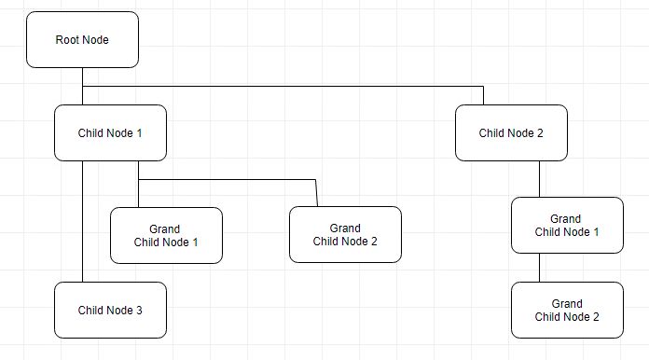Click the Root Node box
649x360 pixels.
82,40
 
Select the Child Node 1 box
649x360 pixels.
110,133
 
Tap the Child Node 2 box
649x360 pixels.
511,133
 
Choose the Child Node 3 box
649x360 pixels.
110,311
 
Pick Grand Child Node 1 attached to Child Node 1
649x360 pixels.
166,236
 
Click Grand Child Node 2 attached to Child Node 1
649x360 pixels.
345,235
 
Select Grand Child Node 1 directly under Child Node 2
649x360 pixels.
567,226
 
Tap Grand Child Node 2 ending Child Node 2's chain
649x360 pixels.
567,311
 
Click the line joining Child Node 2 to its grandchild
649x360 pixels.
539,179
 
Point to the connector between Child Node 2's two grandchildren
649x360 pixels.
539,268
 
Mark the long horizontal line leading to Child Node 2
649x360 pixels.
280,87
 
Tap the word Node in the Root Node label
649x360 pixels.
96,40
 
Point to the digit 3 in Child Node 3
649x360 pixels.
139,311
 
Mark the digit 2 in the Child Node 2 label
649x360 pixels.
540,133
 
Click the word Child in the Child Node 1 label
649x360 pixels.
92,133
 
